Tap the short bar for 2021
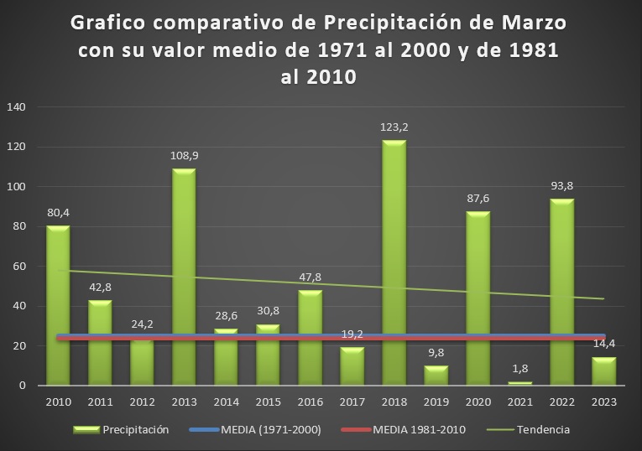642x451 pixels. [519, 383]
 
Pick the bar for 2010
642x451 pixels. [58, 305]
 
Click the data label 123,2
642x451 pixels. [394, 127]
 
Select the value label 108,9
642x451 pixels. [184, 156]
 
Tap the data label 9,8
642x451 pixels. [436, 352]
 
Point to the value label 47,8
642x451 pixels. [310, 277]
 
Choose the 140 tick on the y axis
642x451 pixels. [18, 107]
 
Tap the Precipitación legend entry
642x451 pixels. [135, 430]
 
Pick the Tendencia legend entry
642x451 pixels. [542, 430]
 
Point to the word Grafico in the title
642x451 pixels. [114, 22]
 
